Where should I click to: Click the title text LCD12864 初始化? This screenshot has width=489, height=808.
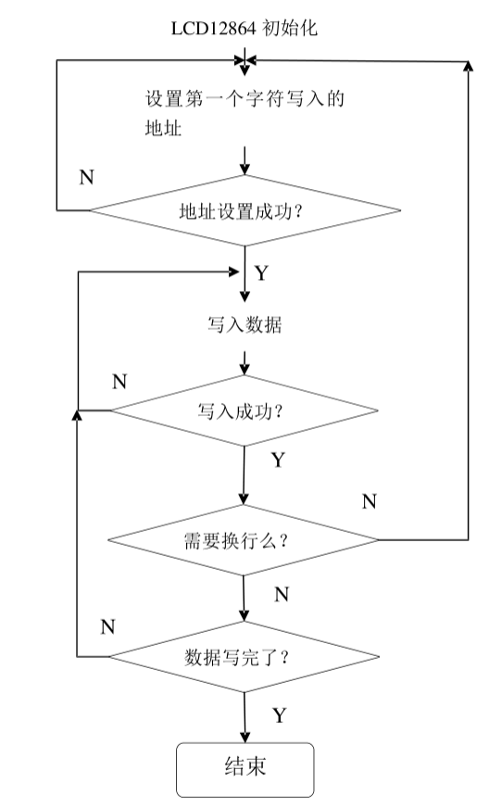(244, 29)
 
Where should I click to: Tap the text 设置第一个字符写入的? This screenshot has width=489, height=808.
(244, 99)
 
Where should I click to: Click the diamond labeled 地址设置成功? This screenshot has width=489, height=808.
(244, 210)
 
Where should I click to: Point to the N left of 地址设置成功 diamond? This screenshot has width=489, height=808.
(86, 178)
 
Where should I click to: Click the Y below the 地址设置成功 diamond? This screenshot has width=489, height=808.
(262, 273)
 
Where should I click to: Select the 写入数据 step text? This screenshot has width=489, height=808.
(244, 326)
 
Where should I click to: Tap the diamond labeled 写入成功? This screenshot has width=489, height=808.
(244, 410)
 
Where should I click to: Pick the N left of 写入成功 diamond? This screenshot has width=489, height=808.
(119, 381)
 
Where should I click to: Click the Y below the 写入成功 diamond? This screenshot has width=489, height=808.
(277, 460)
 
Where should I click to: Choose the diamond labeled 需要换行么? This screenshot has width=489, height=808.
(244, 539)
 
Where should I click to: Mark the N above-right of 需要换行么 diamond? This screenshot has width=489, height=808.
(369, 501)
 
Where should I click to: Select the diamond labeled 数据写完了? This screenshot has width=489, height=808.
(244, 657)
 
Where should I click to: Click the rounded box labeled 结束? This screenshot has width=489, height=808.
(245, 769)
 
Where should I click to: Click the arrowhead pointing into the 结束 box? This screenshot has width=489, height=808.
(244, 737)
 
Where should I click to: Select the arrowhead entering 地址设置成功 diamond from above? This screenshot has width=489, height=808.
(244, 170)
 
